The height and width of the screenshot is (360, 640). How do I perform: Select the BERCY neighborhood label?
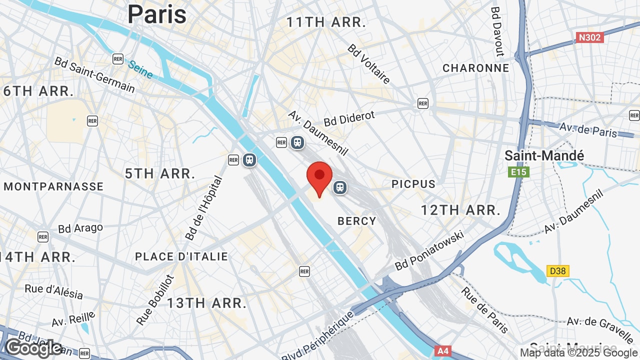[356, 221]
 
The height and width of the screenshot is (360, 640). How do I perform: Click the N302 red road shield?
[590, 37]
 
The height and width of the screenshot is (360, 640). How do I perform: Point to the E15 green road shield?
[518, 172]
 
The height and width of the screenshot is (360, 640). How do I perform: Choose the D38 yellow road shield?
[557, 271]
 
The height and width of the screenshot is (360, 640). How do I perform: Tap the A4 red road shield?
[443, 351]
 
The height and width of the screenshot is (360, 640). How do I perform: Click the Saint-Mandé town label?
[544, 155]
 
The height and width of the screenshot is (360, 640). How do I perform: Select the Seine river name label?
[140, 69]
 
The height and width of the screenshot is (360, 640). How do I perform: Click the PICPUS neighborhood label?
[413, 184]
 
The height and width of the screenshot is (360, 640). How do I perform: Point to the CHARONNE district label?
[475, 68]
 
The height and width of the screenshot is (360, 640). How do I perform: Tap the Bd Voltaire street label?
[369, 64]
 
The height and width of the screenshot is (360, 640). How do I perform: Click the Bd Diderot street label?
[349, 118]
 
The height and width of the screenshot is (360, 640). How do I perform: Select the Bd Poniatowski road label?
[429, 250]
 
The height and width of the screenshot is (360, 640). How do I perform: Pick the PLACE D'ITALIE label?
[181, 256]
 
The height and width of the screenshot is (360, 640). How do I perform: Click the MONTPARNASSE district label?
[53, 186]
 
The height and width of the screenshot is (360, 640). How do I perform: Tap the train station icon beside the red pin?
[340, 187]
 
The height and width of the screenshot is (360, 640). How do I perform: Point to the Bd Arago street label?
[80, 228]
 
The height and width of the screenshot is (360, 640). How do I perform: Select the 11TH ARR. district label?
[326, 22]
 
